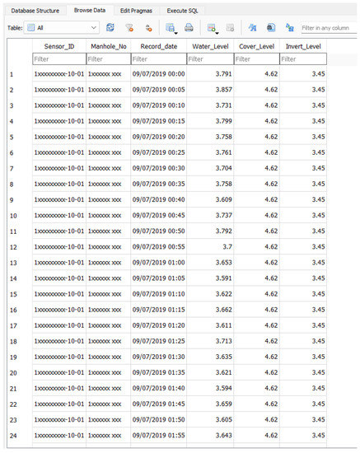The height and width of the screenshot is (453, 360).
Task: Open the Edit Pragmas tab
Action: [137, 9]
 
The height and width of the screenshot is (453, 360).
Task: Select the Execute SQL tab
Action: [188, 9]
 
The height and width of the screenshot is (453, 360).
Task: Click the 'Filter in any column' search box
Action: [329, 27]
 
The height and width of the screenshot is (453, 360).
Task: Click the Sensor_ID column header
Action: [58, 46]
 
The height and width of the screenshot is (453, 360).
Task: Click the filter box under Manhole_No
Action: [107, 59]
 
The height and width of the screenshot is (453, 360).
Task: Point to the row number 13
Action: [12, 263]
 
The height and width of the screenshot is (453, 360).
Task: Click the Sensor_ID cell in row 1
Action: [58, 75]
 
